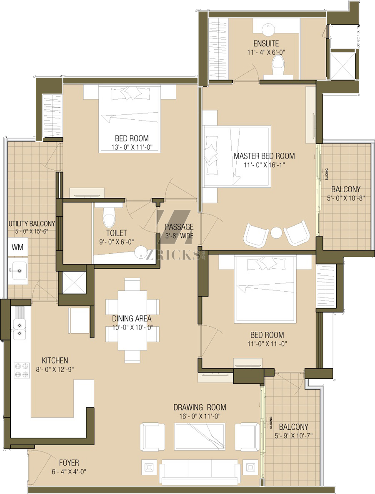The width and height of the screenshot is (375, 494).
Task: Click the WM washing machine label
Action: click(x=17, y=247)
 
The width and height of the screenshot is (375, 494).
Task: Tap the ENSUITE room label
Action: click(x=266, y=43)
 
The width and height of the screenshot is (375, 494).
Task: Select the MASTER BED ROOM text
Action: click(x=264, y=156)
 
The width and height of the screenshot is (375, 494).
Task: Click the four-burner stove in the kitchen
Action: click(x=22, y=370)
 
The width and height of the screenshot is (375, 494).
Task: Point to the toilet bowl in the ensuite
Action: click(x=278, y=65)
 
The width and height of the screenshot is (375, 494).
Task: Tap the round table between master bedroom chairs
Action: click(x=277, y=233)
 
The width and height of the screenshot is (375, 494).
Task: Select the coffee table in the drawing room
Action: click(x=200, y=436)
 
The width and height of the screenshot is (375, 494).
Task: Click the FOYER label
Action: click(x=69, y=463)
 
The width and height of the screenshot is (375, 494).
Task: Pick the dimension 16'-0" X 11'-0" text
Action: click(x=200, y=416)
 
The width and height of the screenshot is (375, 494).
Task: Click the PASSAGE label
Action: click(x=179, y=227)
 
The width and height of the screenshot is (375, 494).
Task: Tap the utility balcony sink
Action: click(x=17, y=271)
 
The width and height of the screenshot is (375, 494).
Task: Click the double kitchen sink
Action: click(x=19, y=329)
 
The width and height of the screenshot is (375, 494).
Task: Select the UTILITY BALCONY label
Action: click(x=32, y=224)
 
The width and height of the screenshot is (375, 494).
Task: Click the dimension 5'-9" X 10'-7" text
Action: click(x=293, y=436)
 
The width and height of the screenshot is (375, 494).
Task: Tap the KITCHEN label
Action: click(x=55, y=360)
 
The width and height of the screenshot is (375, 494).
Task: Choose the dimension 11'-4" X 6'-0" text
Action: click(x=266, y=52)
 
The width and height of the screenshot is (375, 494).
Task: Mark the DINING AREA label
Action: click(x=132, y=318)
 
